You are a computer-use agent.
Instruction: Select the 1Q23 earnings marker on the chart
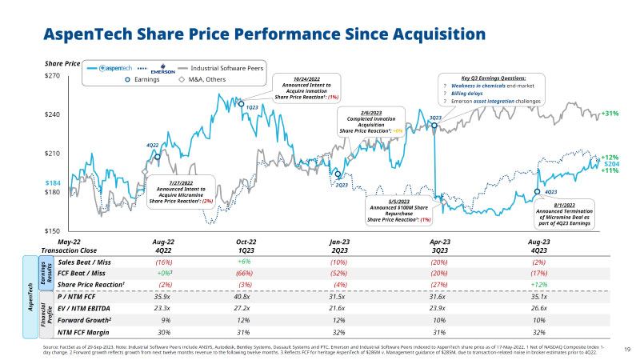click(x=241, y=103)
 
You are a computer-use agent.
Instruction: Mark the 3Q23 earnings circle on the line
click(x=434, y=126)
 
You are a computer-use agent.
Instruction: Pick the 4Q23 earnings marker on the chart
click(x=537, y=192)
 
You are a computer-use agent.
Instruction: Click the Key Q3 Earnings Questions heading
click(x=491, y=77)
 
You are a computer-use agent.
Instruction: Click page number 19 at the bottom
click(x=626, y=348)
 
